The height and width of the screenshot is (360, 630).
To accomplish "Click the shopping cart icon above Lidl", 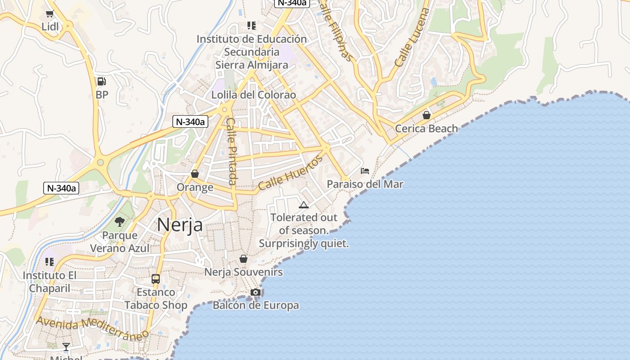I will coord(49,14).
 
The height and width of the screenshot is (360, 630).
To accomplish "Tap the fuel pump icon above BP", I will coord(102,81).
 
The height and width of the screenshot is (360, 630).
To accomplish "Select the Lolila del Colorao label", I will coord(254,95).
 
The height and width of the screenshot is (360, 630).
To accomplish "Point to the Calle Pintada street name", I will coord(231,151).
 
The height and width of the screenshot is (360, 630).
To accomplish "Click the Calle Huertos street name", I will coord(291,173).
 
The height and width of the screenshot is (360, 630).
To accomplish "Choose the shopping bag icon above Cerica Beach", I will coord(426,116).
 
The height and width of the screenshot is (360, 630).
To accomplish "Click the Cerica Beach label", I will coord(426,129).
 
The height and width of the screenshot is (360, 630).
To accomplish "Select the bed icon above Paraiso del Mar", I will coord(365,171).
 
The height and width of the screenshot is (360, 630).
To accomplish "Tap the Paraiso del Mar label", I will coord(365,184).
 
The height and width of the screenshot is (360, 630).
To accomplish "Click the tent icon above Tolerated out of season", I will coord(304,205).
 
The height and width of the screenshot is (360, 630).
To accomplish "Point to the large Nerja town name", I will coord(180,225).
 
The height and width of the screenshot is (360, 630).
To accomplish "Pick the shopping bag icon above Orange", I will coord(195,174).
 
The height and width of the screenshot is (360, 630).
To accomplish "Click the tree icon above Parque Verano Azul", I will coord(120,221).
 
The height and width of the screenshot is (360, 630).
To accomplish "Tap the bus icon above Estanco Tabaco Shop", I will coord(156,279).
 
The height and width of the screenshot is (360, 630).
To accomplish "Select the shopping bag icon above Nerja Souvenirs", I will coord(243,259).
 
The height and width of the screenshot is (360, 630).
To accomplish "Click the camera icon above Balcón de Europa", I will coord(256,292).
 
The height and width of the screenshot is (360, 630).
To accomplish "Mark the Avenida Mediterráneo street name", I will coord(92,328).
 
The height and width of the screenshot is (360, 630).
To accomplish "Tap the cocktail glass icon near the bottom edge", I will coord(66,346).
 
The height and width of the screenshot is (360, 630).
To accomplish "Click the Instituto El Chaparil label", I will coord(49,282).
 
